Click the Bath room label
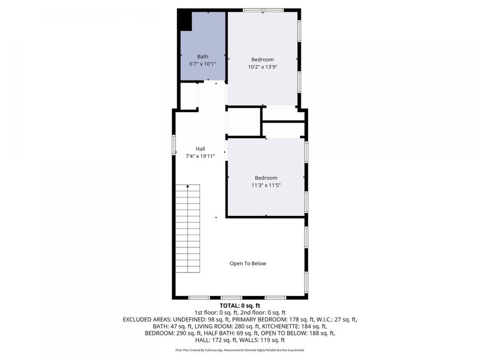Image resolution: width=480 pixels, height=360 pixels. tap(203, 57)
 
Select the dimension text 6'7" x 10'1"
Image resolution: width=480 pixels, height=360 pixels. tap(203, 64)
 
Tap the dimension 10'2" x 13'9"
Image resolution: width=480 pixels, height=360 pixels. tap(262, 67)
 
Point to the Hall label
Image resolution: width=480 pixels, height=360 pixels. tap(200, 149)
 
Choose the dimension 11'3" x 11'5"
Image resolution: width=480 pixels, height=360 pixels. tap(266, 186)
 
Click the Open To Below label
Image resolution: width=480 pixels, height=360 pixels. tap(247, 263)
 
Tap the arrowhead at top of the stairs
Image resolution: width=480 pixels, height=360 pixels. tap(188, 186)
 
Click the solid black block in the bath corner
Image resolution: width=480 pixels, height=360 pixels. tap(184, 20)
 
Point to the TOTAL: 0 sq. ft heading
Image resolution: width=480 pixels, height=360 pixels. tap(239, 306)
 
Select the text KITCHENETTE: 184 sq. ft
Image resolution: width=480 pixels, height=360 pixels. tap(293, 326)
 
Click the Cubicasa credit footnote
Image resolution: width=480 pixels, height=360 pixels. tap(239, 350)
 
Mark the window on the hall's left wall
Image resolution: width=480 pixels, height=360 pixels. tap(174, 145)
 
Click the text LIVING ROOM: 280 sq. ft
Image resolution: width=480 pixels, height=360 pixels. tap(227, 326)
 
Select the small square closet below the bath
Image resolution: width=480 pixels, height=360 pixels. tap(188, 96)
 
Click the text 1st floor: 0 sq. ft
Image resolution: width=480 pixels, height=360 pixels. tap(214, 313)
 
